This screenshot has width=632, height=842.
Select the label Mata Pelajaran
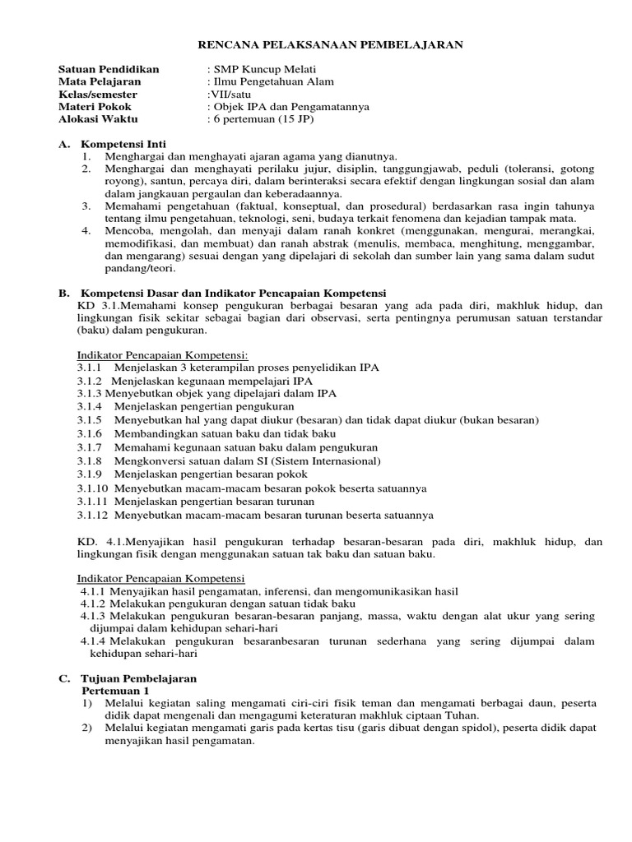click(100, 81)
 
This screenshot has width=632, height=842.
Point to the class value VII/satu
click(233, 94)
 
